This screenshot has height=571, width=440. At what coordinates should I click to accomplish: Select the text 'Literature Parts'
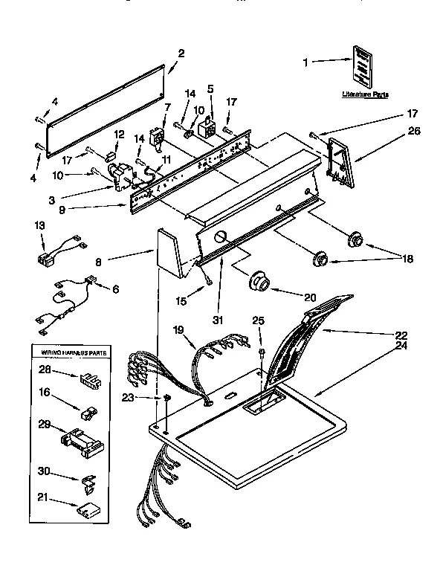tap(364, 94)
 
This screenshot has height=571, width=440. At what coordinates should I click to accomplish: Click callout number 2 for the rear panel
tap(181, 53)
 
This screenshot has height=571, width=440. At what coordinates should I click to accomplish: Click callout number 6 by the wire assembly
tap(114, 288)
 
